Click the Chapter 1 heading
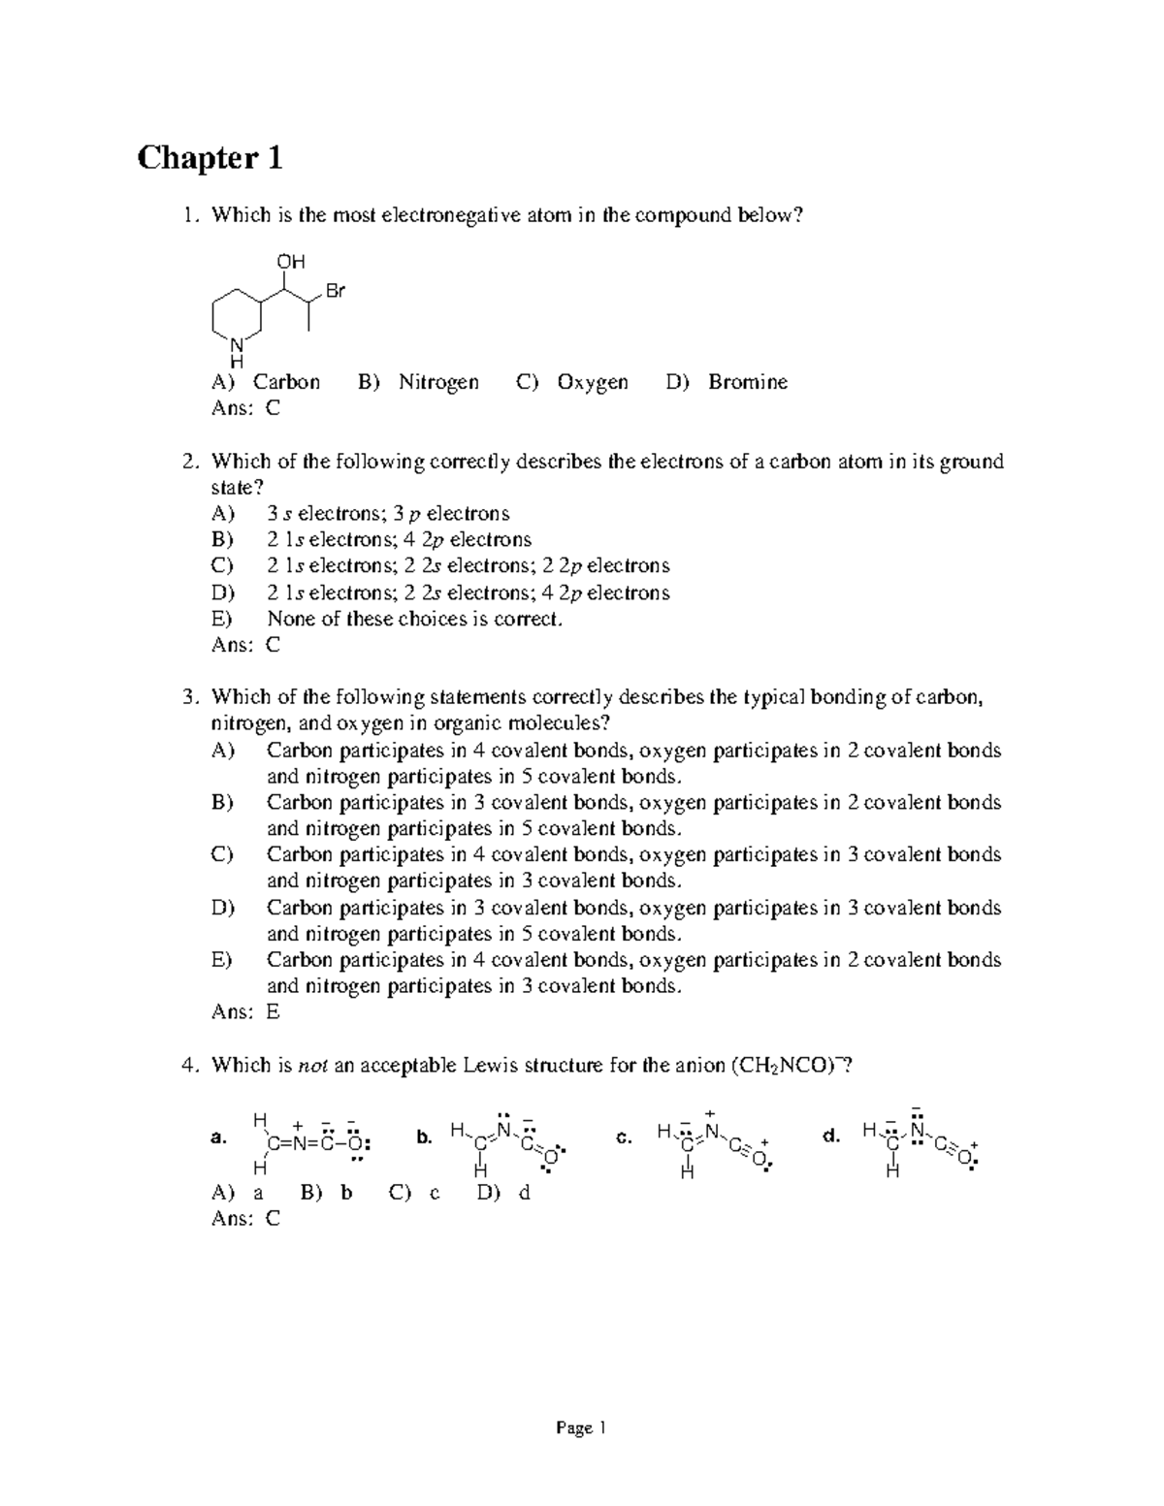pos(210,157)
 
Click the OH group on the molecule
pos(291,262)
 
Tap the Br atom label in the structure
pos(336,291)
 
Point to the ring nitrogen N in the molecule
pos(236,344)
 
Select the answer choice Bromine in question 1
pos(747,382)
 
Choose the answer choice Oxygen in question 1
pos(592,382)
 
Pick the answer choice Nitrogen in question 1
pos(438,382)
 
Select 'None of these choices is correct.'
pos(414,619)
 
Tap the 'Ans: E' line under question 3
pos(245,1012)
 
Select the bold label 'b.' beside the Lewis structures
pos(423,1138)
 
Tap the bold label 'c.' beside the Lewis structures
pos(624,1137)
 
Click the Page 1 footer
pos(581,1428)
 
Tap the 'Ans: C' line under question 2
pos(245,645)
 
